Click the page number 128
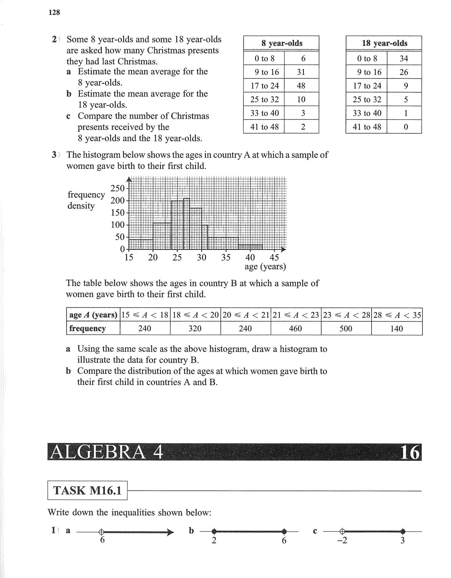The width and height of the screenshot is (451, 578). point(54,13)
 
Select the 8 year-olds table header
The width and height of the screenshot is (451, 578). point(281,43)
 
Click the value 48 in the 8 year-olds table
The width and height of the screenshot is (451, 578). point(301,86)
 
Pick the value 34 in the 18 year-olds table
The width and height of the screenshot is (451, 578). point(404,59)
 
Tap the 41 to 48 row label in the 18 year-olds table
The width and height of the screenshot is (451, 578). point(367,127)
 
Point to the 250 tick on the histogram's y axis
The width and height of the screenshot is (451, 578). point(118,188)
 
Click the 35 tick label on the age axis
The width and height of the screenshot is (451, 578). point(226,258)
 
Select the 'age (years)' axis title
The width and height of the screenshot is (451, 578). point(265,267)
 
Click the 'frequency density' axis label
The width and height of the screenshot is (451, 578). point(86,200)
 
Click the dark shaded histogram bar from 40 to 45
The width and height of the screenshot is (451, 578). point(250,247)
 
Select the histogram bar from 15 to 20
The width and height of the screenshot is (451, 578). point(141,244)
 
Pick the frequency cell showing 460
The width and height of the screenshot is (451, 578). point(296,329)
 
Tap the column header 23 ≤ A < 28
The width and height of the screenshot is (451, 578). point(346,315)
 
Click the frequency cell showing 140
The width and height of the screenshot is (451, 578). point(396,329)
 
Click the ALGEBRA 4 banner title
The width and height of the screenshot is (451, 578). point(106,452)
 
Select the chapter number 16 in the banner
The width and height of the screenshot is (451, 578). point(410,452)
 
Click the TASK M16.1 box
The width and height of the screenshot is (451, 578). point(87,490)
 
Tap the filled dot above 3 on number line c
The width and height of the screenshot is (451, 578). point(403,531)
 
